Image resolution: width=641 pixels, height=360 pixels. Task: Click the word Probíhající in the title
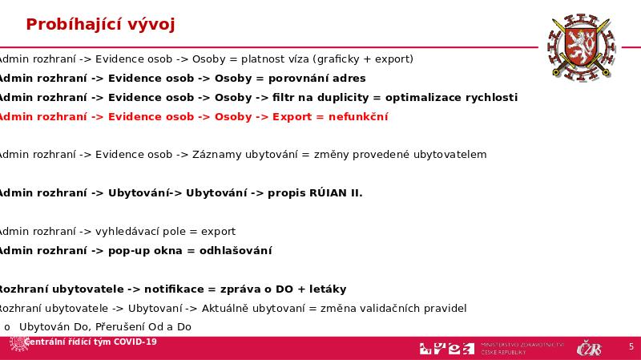[x=69, y=24]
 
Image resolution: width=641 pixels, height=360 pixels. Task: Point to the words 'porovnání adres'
[x=316, y=78]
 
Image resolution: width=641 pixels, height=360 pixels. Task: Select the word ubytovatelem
[x=450, y=154]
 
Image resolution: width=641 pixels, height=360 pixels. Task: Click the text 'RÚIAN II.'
[x=335, y=192]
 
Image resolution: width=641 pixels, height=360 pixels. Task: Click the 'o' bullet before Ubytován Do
[x=7, y=327]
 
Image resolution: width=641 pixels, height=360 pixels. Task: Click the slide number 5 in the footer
[x=631, y=346]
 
